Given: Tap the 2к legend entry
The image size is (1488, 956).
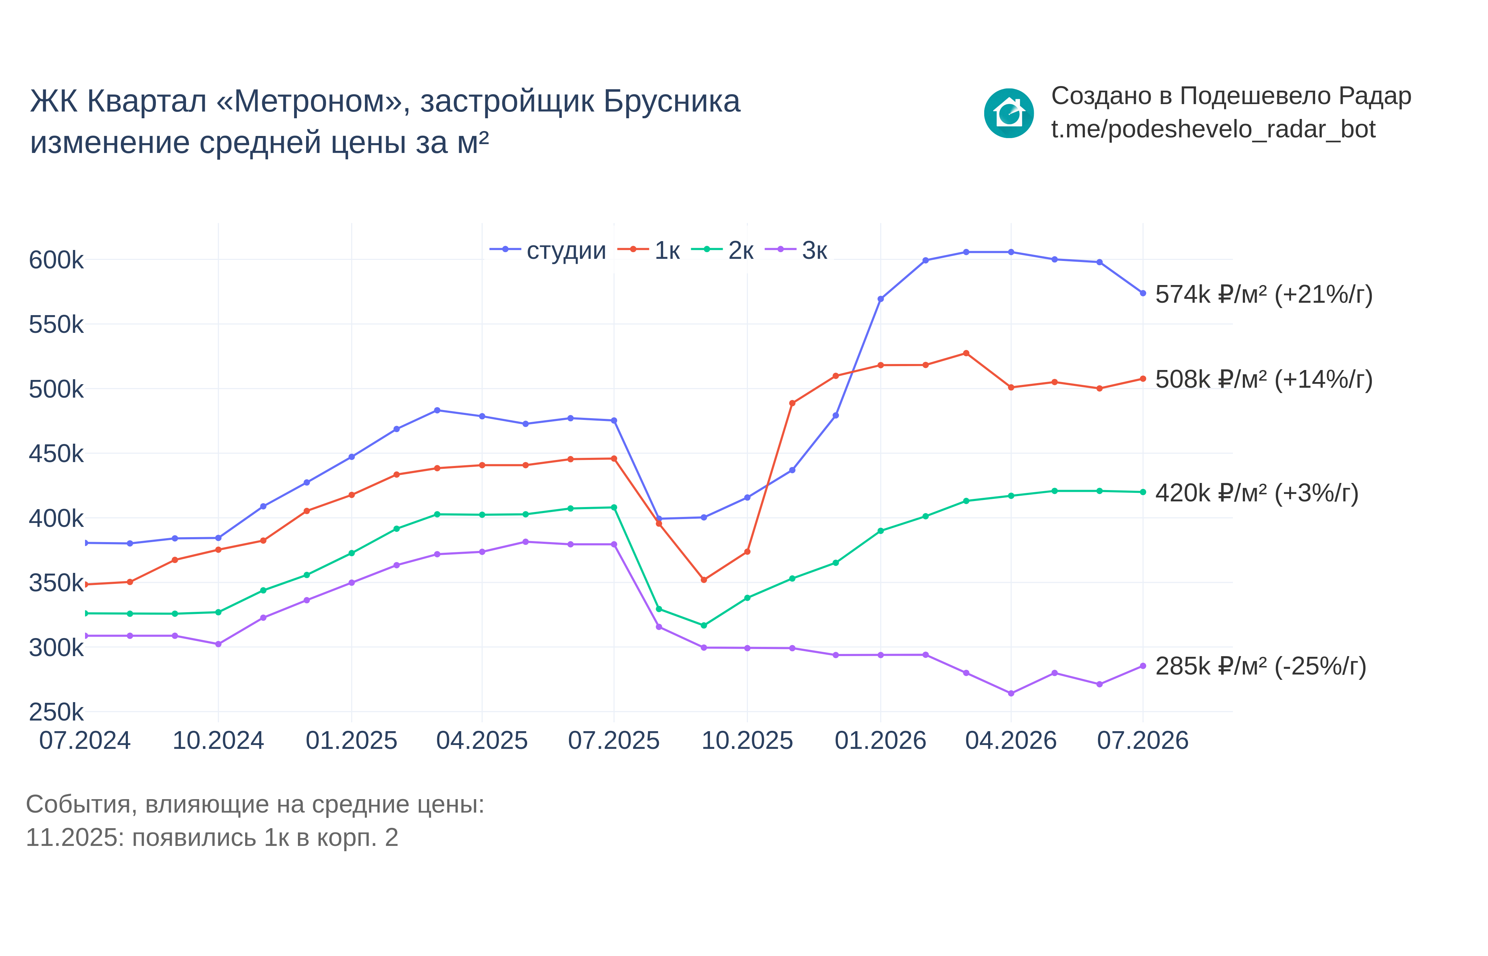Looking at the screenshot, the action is click(722, 250).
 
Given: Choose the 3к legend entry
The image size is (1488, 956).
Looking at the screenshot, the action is click(796, 250).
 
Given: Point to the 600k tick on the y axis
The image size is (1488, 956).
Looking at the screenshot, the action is click(56, 260).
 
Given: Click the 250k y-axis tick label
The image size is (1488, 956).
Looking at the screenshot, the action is click(56, 712).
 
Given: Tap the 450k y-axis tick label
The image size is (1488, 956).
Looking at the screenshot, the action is click(56, 454).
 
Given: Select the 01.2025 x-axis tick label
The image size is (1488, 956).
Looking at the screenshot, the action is click(351, 741).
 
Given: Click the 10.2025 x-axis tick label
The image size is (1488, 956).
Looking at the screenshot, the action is click(747, 741).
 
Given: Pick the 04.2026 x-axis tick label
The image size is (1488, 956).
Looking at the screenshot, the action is click(1011, 741).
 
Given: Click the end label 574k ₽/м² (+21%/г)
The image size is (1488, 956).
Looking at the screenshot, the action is click(1264, 294).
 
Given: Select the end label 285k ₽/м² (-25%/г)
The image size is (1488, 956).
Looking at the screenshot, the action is click(1261, 666).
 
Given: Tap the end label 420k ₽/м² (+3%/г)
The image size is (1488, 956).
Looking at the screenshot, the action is click(1257, 493).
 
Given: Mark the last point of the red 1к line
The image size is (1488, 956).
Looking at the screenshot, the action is click(1143, 379).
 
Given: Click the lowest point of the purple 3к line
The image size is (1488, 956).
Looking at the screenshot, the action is click(1011, 693).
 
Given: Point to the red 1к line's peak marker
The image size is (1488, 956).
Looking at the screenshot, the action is click(966, 353).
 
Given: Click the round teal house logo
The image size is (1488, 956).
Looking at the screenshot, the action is click(1009, 113).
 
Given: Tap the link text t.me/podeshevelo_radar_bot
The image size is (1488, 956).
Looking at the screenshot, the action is click(1213, 129).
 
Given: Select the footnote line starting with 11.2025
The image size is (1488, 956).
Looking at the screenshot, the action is click(212, 837).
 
